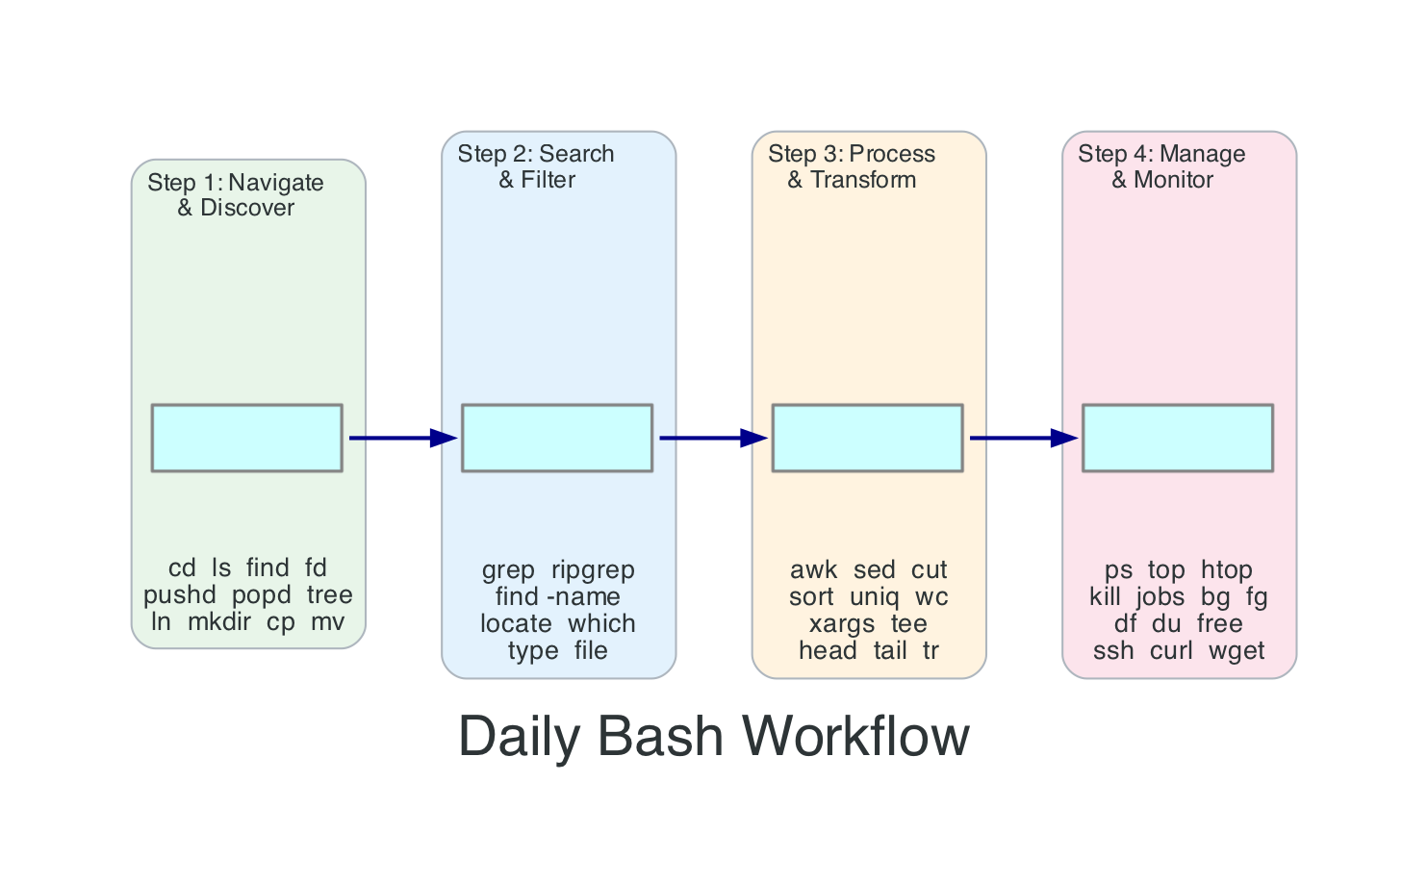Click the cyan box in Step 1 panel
(x=247, y=438)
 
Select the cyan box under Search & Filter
(x=557, y=438)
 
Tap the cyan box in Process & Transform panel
(x=867, y=438)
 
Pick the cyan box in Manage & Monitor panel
(x=1178, y=438)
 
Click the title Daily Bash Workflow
(x=714, y=737)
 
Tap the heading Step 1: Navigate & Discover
(x=236, y=195)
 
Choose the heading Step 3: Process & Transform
(x=852, y=166)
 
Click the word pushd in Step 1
(x=180, y=595)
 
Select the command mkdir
(x=219, y=622)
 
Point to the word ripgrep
(x=593, y=570)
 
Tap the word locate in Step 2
(x=516, y=624)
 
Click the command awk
(x=813, y=570)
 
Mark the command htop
(x=1226, y=570)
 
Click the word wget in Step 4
(x=1237, y=651)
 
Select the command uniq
(x=874, y=597)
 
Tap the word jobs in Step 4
(x=1160, y=597)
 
